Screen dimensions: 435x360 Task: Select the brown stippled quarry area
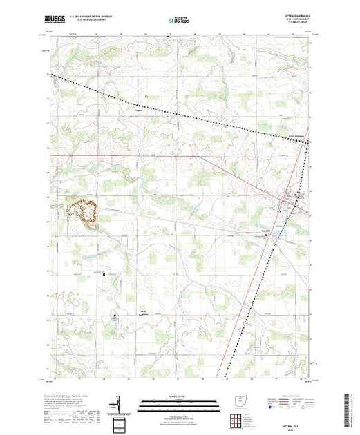click(80, 209)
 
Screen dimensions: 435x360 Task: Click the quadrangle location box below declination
click(119, 421)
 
